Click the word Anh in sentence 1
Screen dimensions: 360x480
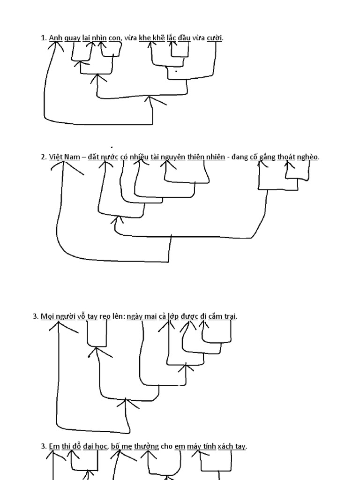[x=55, y=38]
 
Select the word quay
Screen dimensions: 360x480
[x=72, y=38]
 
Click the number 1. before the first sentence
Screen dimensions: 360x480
[x=44, y=38]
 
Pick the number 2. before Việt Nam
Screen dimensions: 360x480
[x=44, y=157]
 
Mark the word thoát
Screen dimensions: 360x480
[x=286, y=157]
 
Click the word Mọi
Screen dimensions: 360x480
[x=47, y=316]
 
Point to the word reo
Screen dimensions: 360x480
[x=105, y=316]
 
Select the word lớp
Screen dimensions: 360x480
[x=173, y=316]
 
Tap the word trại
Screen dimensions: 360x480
[x=230, y=316]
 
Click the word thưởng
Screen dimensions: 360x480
[x=146, y=446]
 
